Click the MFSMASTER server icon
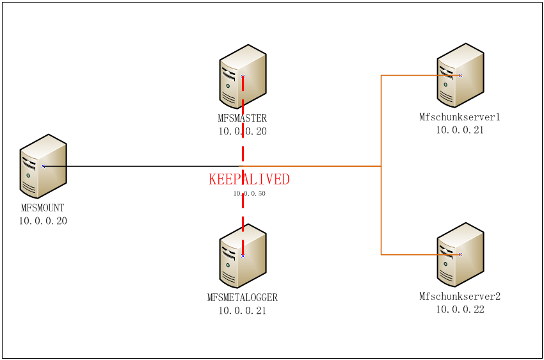pyautogui.click(x=243, y=76)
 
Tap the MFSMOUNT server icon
pyautogui.click(x=44, y=166)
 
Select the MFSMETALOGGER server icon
pyautogui.click(x=243, y=255)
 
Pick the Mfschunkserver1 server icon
pyautogui.click(x=460, y=75)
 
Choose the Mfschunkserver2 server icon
pyautogui.click(x=460, y=254)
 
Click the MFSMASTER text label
pyautogui.click(x=243, y=119)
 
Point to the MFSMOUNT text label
pyautogui.click(x=43, y=208)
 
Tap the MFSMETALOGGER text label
pyautogui.click(x=243, y=298)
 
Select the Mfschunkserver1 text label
pyautogui.click(x=460, y=117)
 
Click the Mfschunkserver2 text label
pyautogui.click(x=460, y=297)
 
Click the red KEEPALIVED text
pyautogui.click(x=249, y=180)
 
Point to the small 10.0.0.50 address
pyautogui.click(x=249, y=193)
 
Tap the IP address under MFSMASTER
pyautogui.click(x=243, y=131)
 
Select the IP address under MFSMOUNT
pyautogui.click(x=43, y=221)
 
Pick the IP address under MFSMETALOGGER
pyautogui.click(x=243, y=311)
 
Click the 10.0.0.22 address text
pyautogui.click(x=460, y=309)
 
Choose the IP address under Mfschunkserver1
pyautogui.click(x=460, y=130)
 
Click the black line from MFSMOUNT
pyautogui.click(x=141, y=167)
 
